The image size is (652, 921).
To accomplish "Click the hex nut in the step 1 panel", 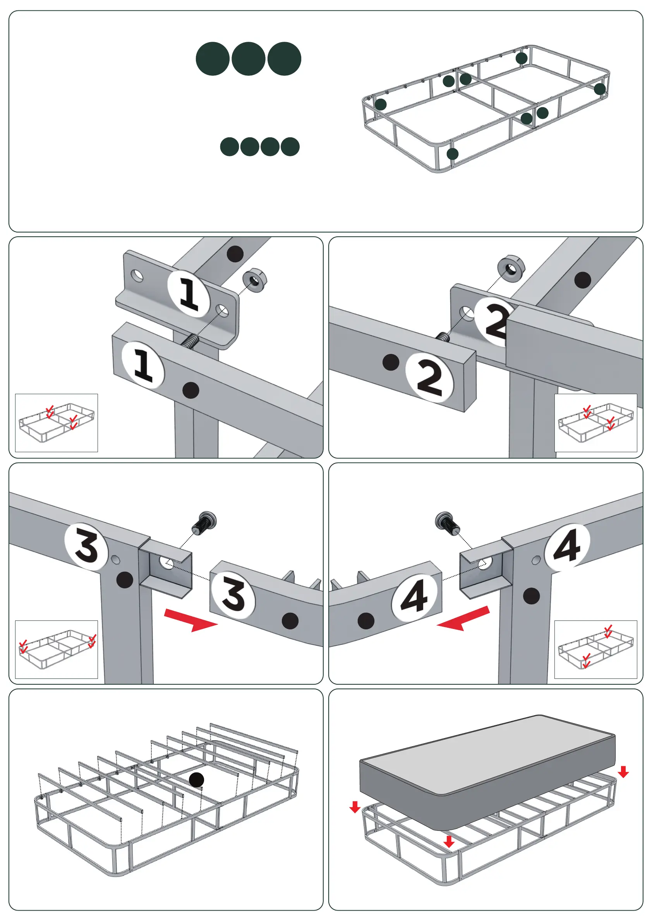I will pos(254,280).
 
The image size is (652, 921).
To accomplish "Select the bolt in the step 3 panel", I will pos(206,522).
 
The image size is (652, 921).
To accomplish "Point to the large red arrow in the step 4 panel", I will pos(463,619).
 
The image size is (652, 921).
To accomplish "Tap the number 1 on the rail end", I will pos(143,365).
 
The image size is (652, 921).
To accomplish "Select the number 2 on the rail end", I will pos(430,378).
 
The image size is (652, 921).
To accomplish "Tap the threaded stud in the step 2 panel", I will pos(443,337).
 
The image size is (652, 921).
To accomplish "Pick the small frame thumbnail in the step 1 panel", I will pos(57,422).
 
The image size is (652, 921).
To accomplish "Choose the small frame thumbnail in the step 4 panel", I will pos(595,649).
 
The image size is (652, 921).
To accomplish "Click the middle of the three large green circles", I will pos(249,58).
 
